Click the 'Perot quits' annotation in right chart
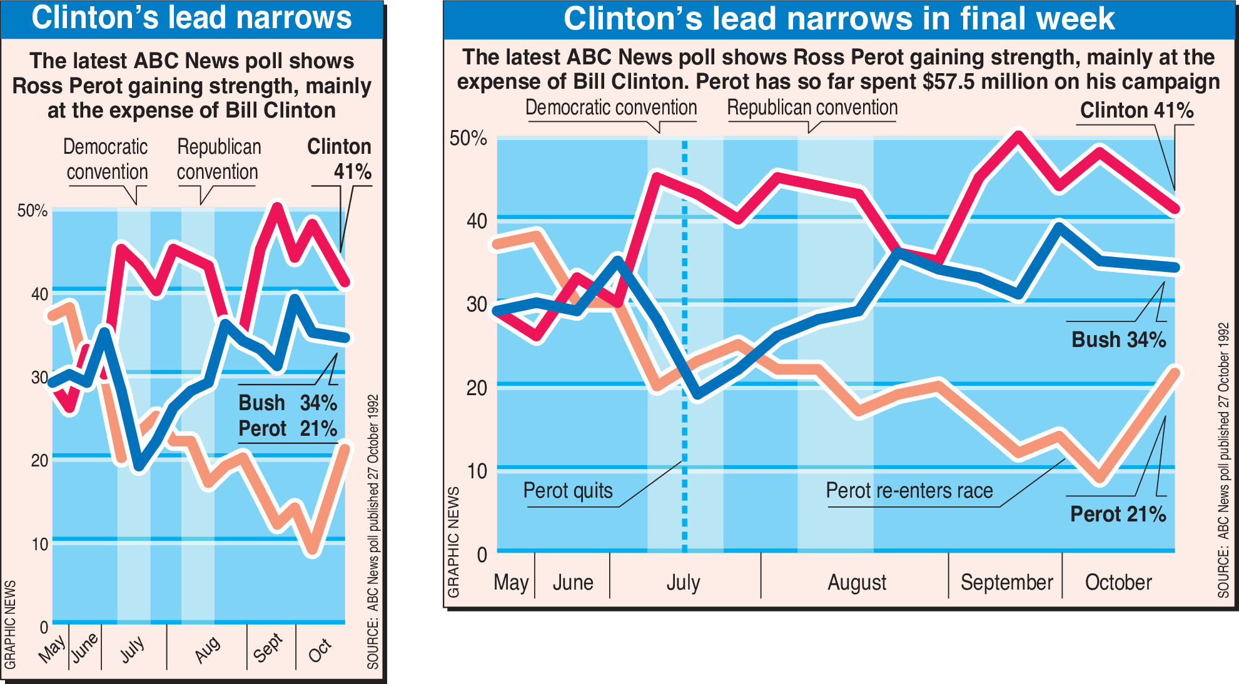tap(567, 491)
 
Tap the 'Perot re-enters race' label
tap(909, 491)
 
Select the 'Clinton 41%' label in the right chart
tap(1136, 111)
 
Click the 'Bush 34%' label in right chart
tap(1118, 339)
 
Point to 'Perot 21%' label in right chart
tap(1118, 514)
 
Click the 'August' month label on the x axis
tap(857, 583)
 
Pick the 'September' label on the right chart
tap(1006, 583)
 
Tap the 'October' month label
tap(1118, 583)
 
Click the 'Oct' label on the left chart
tap(320, 650)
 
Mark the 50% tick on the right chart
tap(468, 138)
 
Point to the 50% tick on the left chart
tap(33, 211)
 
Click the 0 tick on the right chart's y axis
tap(482, 555)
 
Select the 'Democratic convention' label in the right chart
tap(610, 108)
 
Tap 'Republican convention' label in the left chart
tap(218, 159)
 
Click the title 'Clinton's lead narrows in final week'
tap(839, 19)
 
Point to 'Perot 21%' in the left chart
tap(288, 429)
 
